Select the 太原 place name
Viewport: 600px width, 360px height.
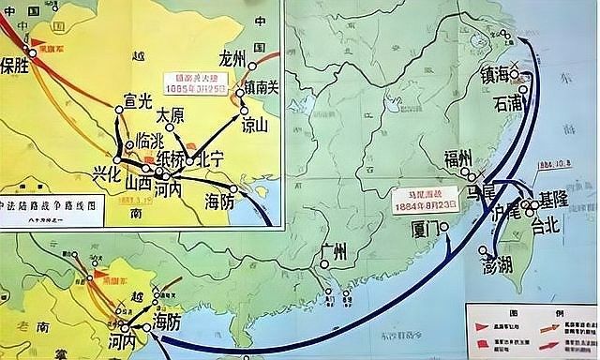pos(171,114)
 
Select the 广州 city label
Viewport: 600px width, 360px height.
pos(334,252)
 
